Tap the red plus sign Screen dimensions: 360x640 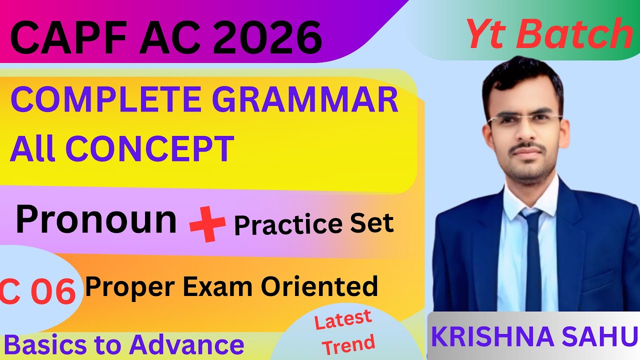point(207,225)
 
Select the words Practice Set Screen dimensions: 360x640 point(314,224)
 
